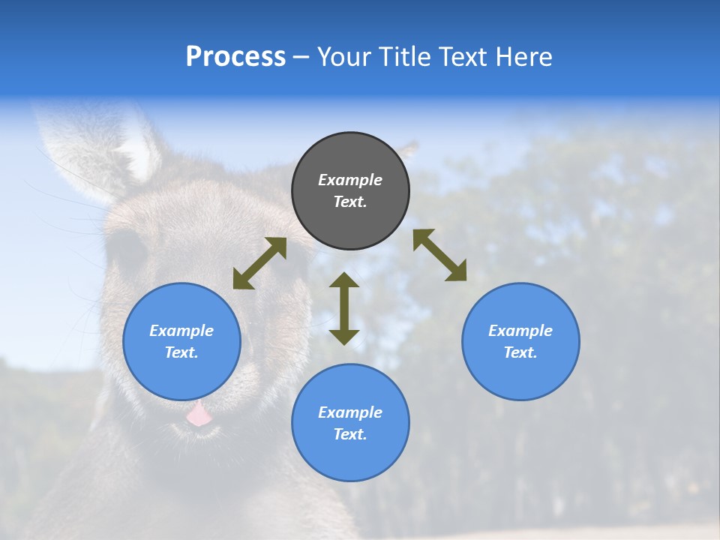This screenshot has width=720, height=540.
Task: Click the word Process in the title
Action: click(x=235, y=57)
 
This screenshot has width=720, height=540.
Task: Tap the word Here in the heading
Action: click(x=523, y=57)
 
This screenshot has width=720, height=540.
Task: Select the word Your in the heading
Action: click(x=344, y=57)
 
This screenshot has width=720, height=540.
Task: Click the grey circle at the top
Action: click(x=350, y=191)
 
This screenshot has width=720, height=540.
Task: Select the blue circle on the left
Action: click(x=181, y=341)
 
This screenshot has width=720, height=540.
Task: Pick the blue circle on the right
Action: click(x=520, y=341)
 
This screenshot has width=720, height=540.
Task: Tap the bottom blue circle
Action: click(x=350, y=423)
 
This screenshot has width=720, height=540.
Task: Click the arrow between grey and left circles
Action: click(x=259, y=263)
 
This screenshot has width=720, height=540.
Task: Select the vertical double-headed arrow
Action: click(x=344, y=308)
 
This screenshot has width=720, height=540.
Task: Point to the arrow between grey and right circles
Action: click(x=439, y=255)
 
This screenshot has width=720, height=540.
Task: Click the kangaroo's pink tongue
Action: click(x=199, y=413)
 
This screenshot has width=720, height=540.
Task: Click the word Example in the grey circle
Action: click(x=350, y=180)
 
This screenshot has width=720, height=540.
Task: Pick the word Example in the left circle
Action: click(x=181, y=331)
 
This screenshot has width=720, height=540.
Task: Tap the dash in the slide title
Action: click(x=301, y=57)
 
